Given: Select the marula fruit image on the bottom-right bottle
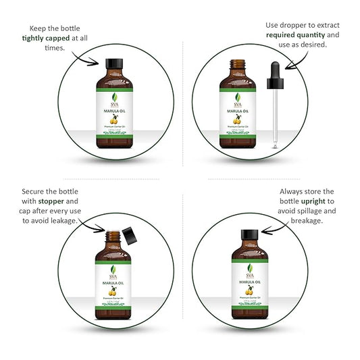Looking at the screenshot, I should [245, 290].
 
